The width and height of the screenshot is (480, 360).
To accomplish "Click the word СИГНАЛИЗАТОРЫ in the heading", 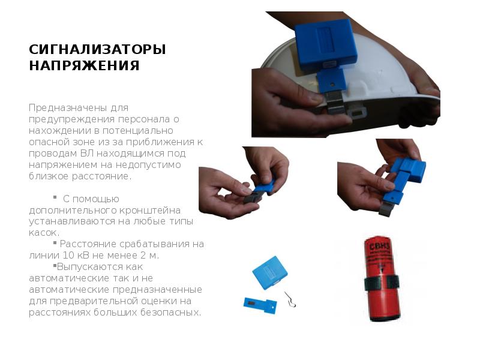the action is click(97, 49).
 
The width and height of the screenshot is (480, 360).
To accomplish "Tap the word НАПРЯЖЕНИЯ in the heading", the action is click(84, 65).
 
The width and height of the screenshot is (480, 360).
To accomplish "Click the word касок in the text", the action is click(43, 233).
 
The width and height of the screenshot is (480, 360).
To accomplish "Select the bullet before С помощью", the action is click(55, 197).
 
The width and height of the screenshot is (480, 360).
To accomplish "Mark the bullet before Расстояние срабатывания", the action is click(55, 243).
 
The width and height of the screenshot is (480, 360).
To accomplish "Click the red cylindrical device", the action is click(382, 278).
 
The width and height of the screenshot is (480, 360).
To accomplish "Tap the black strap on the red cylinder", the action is click(382, 283).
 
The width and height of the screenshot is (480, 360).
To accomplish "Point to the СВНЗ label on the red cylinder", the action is click(380, 247).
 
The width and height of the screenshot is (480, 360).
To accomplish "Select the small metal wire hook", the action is click(290, 299).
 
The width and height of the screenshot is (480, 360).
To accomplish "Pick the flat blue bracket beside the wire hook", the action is click(260, 305).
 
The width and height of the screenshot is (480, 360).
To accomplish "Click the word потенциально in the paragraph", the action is click(138, 131).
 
